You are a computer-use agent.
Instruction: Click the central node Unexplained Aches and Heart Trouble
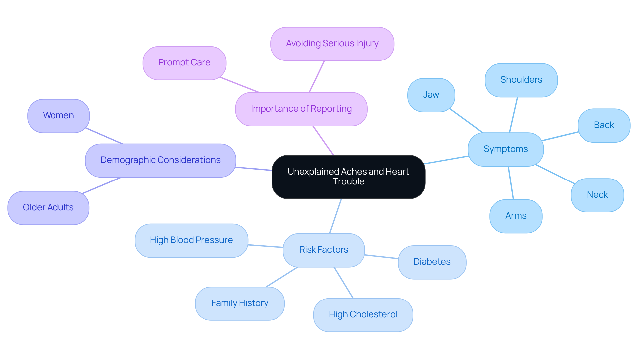(x=348, y=177)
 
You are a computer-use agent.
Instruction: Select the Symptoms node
(x=505, y=149)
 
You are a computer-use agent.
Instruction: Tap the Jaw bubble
(x=431, y=95)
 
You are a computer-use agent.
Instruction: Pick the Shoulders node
(x=521, y=80)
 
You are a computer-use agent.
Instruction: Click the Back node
(x=604, y=125)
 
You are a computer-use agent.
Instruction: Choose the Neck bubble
(x=597, y=195)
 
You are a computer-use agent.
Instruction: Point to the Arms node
(x=516, y=216)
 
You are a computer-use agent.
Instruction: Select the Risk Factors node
(x=324, y=250)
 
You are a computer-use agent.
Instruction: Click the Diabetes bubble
(x=432, y=262)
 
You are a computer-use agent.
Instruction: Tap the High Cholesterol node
(x=363, y=315)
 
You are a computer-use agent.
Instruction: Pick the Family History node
(x=240, y=303)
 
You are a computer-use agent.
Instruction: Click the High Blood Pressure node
(x=191, y=240)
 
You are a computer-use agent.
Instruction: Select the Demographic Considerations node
(x=160, y=160)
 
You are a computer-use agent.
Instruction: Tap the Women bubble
(x=58, y=116)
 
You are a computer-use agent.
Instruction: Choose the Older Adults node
(x=48, y=208)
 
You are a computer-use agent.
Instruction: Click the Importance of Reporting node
(x=301, y=109)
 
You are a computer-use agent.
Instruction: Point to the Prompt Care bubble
(x=184, y=63)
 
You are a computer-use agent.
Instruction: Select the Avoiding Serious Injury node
(x=332, y=44)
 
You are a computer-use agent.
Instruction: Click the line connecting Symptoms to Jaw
(x=466, y=120)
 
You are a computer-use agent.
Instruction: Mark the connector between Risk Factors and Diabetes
(x=381, y=257)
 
